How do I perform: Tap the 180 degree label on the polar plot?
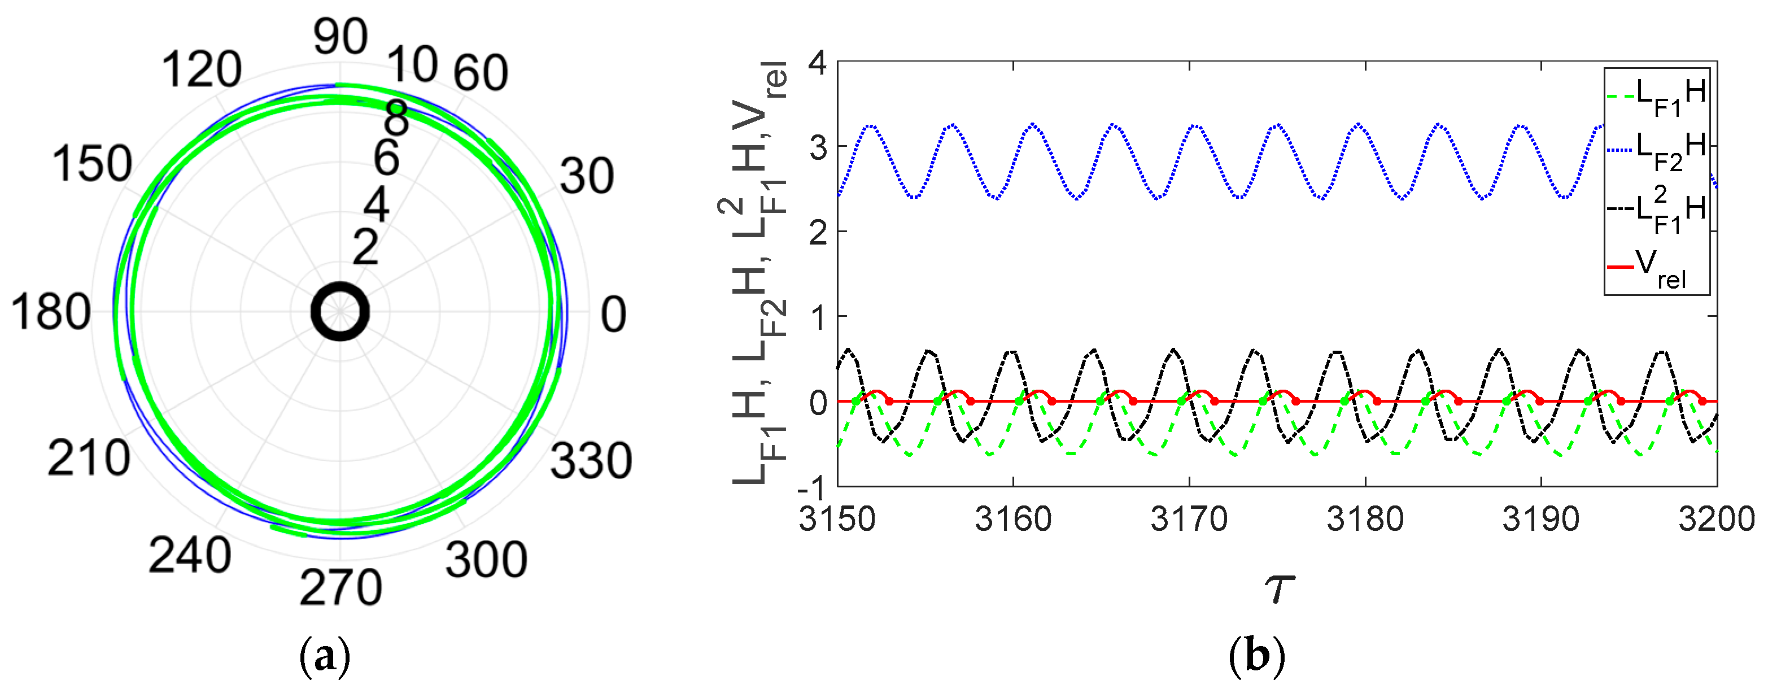click(x=50, y=312)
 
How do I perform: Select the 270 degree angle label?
click(x=340, y=587)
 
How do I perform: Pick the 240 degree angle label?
click(x=189, y=555)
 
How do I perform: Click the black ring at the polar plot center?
click(x=340, y=312)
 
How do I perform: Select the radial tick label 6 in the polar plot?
click(x=386, y=157)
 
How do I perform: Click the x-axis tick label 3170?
click(x=1189, y=519)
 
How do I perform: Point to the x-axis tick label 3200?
click(x=1716, y=519)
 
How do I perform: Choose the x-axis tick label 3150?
click(x=837, y=519)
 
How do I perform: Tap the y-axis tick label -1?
click(x=812, y=489)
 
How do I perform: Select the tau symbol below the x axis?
click(x=1278, y=588)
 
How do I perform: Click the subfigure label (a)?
click(x=325, y=657)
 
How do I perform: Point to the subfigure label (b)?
click(x=1256, y=657)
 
